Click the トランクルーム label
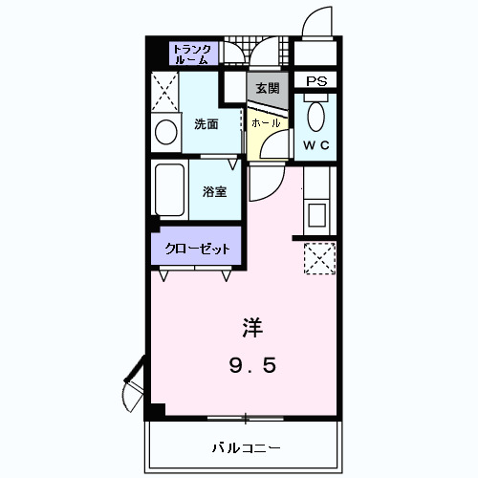pyautogui.click(x=194, y=53)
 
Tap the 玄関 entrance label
pyautogui.click(x=268, y=88)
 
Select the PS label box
pyautogui.click(x=315, y=82)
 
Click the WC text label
pyautogui.click(x=315, y=144)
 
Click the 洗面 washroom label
pyautogui.click(x=206, y=123)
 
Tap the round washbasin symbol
pyautogui.click(x=164, y=130)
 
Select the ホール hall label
pyautogui.click(x=265, y=123)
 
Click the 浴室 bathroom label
pyautogui.click(x=215, y=190)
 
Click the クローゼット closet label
pyautogui.click(x=196, y=249)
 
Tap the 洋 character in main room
pyautogui.click(x=250, y=327)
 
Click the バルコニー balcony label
pyautogui.click(x=246, y=447)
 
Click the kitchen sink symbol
pyautogui.click(x=316, y=212)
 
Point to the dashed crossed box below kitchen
pyautogui.click(x=316, y=258)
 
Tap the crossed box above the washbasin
pyautogui.click(x=164, y=93)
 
